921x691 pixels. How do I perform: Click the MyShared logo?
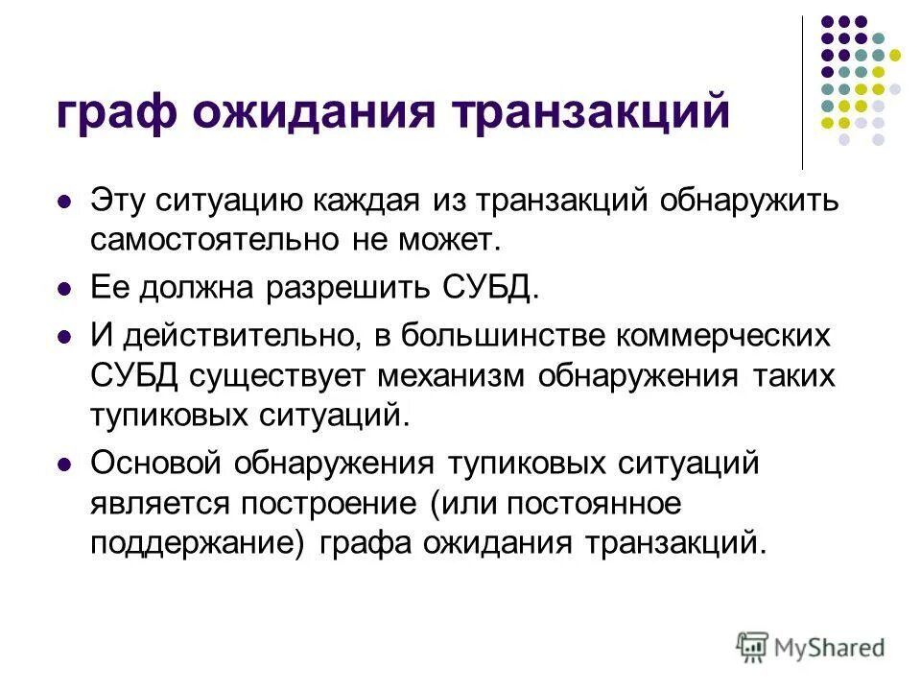point(810,647)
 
